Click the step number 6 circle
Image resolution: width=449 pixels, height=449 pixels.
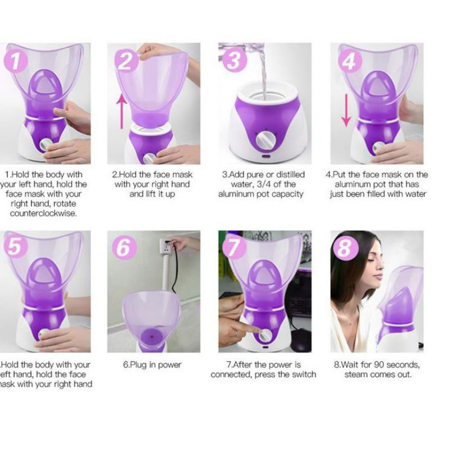click(x=123, y=247)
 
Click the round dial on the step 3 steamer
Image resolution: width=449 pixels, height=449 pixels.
click(x=263, y=138)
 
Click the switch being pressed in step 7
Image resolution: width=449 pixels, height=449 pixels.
click(x=263, y=335)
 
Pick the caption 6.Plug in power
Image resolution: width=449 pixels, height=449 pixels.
click(x=152, y=365)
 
